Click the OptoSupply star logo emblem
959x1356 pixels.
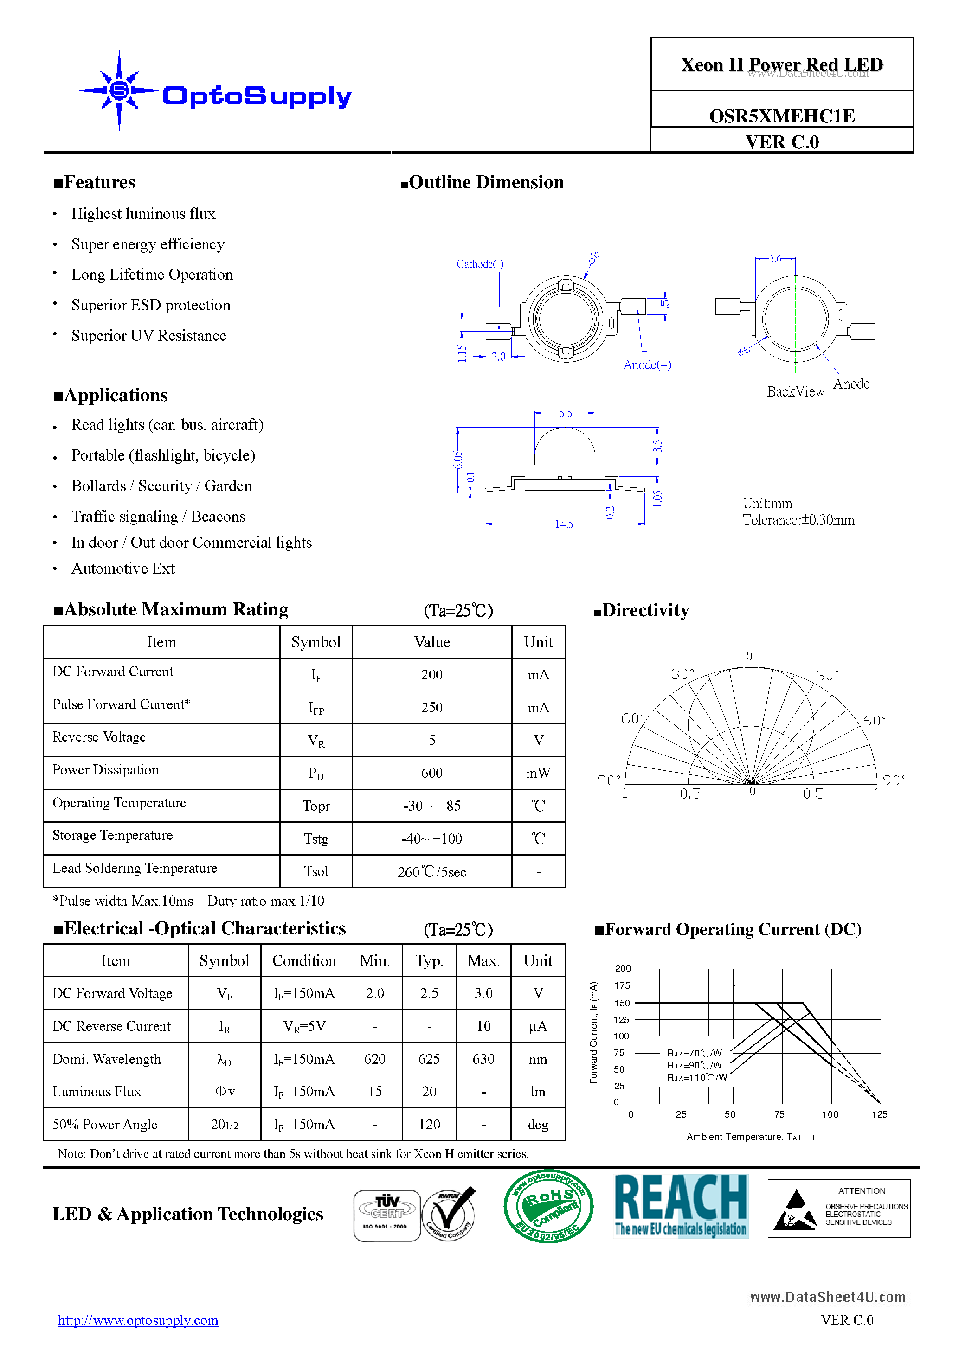(119, 90)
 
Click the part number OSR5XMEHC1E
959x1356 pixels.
(781, 116)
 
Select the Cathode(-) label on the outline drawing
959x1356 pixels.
(480, 264)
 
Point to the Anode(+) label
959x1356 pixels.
(647, 365)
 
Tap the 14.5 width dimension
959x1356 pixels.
(564, 524)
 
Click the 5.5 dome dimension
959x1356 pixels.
(566, 413)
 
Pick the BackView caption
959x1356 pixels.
(795, 391)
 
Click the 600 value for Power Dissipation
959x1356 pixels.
(431, 773)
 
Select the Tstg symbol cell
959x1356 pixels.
(315, 838)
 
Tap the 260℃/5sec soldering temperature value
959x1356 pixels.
(431, 872)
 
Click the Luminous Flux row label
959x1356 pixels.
(97, 1091)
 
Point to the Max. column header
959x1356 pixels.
(483, 961)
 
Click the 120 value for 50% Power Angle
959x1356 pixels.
(429, 1125)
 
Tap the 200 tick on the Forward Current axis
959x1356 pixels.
(622, 969)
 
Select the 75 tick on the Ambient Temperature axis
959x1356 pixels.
(779, 1114)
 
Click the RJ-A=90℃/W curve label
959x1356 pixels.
(694, 1065)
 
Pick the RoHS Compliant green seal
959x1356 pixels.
(548, 1206)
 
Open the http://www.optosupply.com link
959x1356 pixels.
(138, 1321)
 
